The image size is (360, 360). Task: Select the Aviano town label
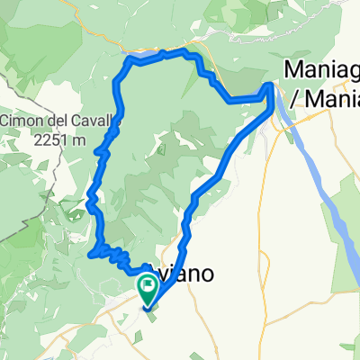(184, 276)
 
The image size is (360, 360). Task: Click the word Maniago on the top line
(320, 69)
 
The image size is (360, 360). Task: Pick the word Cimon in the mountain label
(21, 121)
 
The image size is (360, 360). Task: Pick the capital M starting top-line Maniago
(293, 69)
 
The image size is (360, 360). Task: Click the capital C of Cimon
(5, 121)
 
